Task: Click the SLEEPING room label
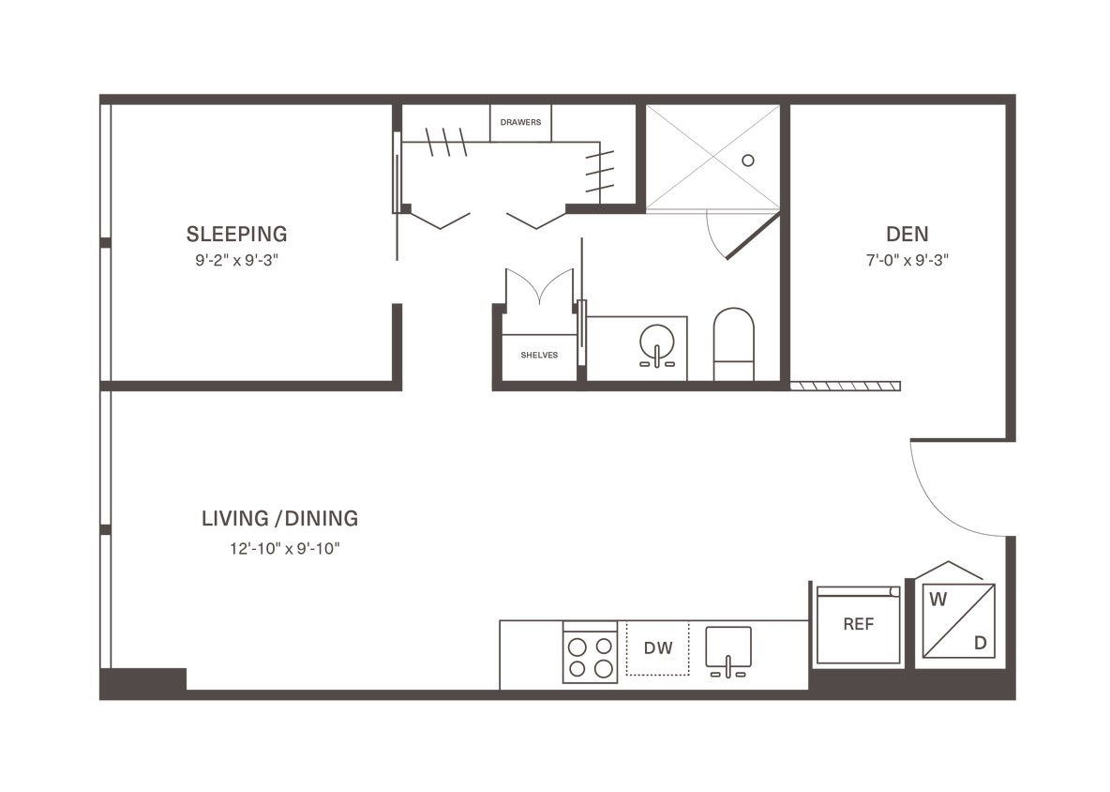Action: (x=237, y=232)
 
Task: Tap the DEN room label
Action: (x=902, y=233)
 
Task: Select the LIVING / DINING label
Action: (x=280, y=517)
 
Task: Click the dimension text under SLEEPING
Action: (x=237, y=263)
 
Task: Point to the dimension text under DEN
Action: (x=902, y=263)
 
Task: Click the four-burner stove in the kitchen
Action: (x=589, y=655)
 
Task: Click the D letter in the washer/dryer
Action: (x=980, y=643)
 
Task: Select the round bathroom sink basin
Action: (x=655, y=342)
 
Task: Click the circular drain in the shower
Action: (x=747, y=160)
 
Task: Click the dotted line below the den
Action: (x=847, y=385)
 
